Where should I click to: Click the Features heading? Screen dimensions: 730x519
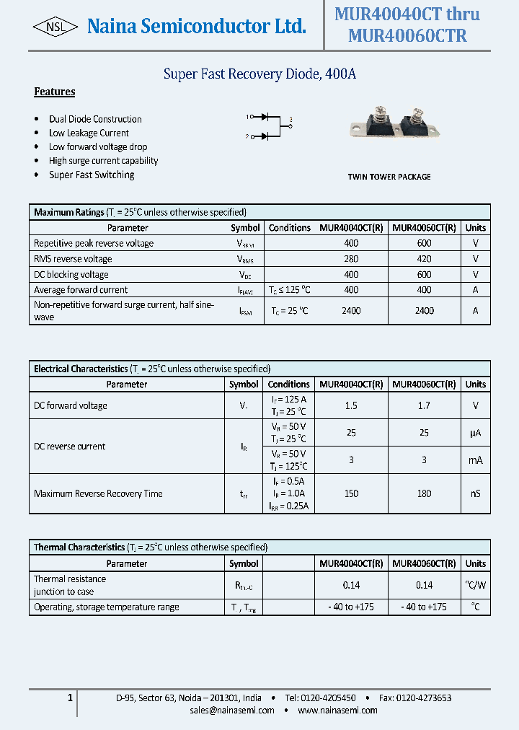pyautogui.click(x=55, y=92)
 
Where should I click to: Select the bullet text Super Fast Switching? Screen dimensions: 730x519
pyautogui.click(x=92, y=175)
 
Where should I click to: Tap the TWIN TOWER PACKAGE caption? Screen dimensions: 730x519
pyautogui.click(x=389, y=177)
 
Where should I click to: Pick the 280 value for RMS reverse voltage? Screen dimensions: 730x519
pyautogui.click(x=351, y=259)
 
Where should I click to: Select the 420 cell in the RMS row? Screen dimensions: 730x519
pyautogui.click(x=424, y=259)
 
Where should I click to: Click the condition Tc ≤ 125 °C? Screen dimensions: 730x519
pyautogui.click(x=290, y=290)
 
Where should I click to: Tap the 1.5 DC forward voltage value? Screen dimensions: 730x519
pyautogui.click(x=351, y=405)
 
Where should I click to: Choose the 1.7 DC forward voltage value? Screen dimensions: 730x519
pyautogui.click(x=424, y=405)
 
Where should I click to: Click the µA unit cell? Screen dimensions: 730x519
pyautogui.click(x=475, y=433)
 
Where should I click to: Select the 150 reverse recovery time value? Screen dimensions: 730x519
pyautogui.click(x=351, y=493)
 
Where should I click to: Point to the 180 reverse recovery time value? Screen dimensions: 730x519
pyautogui.click(x=424, y=493)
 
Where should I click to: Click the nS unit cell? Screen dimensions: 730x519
pyautogui.click(x=475, y=493)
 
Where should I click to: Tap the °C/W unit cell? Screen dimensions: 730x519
pyautogui.click(x=475, y=585)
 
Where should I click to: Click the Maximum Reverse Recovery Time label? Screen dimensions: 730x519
pyautogui.click(x=98, y=493)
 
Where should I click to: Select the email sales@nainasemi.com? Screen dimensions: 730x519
pyautogui.click(x=232, y=711)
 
